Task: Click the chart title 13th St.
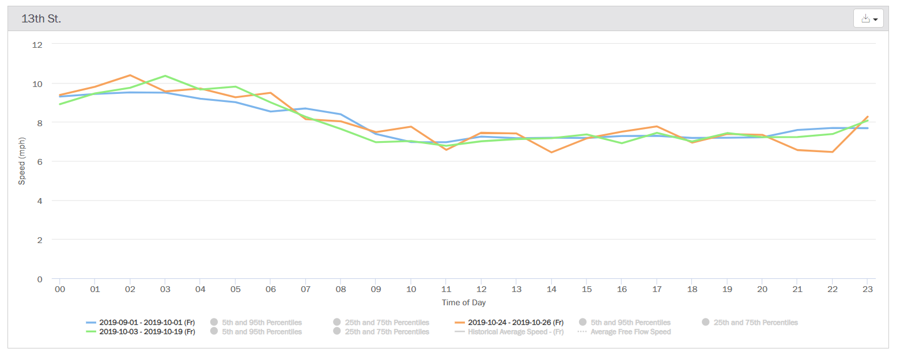point(41,19)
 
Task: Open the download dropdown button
point(868,18)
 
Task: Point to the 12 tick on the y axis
point(37,45)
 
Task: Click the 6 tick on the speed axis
point(40,161)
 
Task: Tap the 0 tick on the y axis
point(40,279)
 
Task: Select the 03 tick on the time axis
point(165,289)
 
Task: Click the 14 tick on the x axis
point(551,289)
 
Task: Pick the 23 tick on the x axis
point(868,289)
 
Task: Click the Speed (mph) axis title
point(22,161)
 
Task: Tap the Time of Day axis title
point(464,302)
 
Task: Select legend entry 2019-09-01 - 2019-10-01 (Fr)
point(141,323)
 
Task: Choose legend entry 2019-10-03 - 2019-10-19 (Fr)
point(141,332)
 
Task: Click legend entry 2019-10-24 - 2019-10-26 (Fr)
point(509,323)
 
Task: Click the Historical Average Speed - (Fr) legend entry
point(509,332)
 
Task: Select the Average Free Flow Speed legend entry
point(625,332)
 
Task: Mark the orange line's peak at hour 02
point(130,75)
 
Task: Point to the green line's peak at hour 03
point(165,76)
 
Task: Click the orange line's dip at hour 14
point(551,152)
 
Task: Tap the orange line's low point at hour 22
point(832,151)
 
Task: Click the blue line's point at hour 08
point(341,114)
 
